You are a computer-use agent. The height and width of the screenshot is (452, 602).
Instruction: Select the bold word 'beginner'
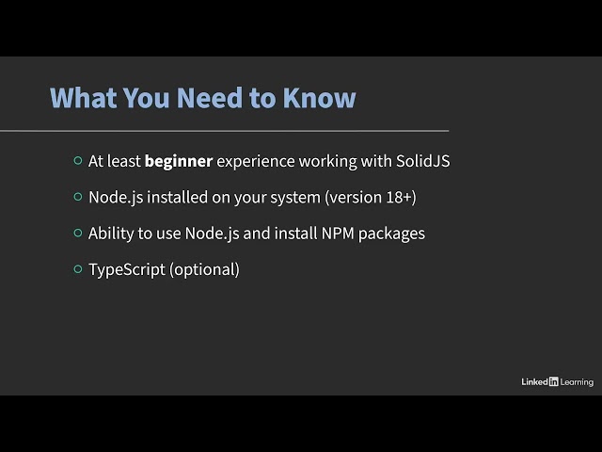pyautogui.click(x=179, y=161)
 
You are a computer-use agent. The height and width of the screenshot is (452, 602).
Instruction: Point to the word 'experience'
pyautogui.click(x=256, y=161)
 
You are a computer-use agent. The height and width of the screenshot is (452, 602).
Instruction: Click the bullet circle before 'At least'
pyautogui.click(x=78, y=161)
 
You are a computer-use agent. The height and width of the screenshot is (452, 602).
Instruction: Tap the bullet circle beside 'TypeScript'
pyautogui.click(x=78, y=269)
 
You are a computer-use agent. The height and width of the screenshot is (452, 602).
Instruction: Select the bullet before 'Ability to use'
pyautogui.click(x=78, y=233)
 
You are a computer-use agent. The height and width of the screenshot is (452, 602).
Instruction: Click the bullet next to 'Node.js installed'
pyautogui.click(x=78, y=197)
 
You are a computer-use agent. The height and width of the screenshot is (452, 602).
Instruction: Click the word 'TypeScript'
pyautogui.click(x=127, y=269)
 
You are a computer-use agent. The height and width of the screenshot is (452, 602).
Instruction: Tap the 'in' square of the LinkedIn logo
pyautogui.click(x=553, y=381)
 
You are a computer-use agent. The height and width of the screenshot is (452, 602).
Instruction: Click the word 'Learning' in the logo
pyautogui.click(x=577, y=381)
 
